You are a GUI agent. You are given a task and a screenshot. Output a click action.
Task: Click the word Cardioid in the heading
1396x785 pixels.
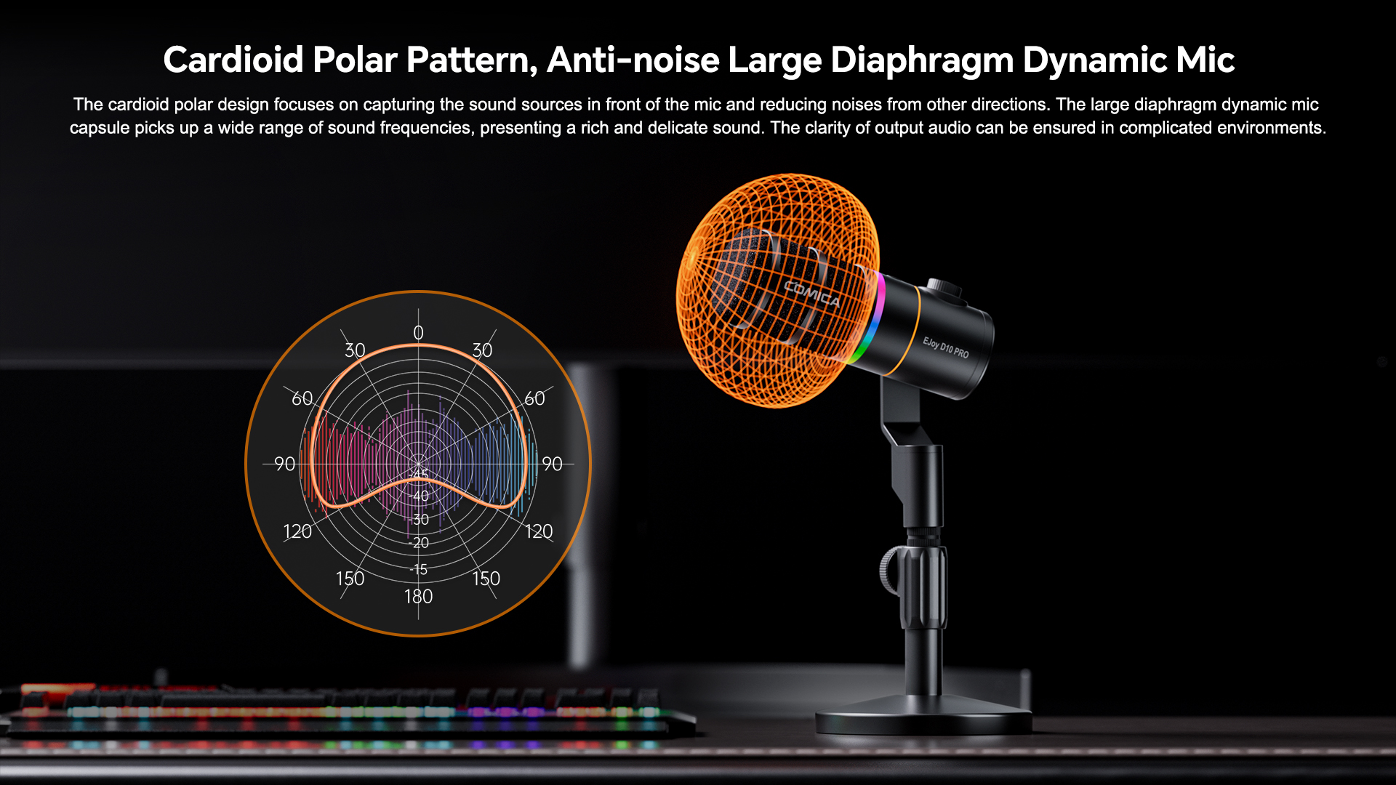pyautogui.click(x=233, y=60)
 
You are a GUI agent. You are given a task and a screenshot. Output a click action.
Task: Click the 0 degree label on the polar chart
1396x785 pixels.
pyautogui.click(x=418, y=333)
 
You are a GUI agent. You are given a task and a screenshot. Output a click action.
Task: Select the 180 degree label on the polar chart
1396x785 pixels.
pyautogui.click(x=418, y=597)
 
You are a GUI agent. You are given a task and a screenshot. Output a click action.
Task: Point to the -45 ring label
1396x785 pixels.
pyautogui.click(x=419, y=475)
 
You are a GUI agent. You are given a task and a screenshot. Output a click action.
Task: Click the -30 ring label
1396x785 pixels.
pyautogui.click(x=419, y=520)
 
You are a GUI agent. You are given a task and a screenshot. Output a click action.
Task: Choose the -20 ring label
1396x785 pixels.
pyautogui.click(x=419, y=543)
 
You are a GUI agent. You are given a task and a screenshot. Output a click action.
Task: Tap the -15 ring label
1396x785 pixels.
pyautogui.click(x=419, y=569)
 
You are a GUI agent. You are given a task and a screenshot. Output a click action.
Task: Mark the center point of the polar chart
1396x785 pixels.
pyautogui.click(x=418, y=463)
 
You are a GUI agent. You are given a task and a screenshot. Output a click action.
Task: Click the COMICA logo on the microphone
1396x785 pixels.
pyautogui.click(x=812, y=294)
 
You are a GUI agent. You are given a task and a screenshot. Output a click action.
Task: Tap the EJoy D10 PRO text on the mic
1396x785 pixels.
pyautogui.click(x=946, y=347)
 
